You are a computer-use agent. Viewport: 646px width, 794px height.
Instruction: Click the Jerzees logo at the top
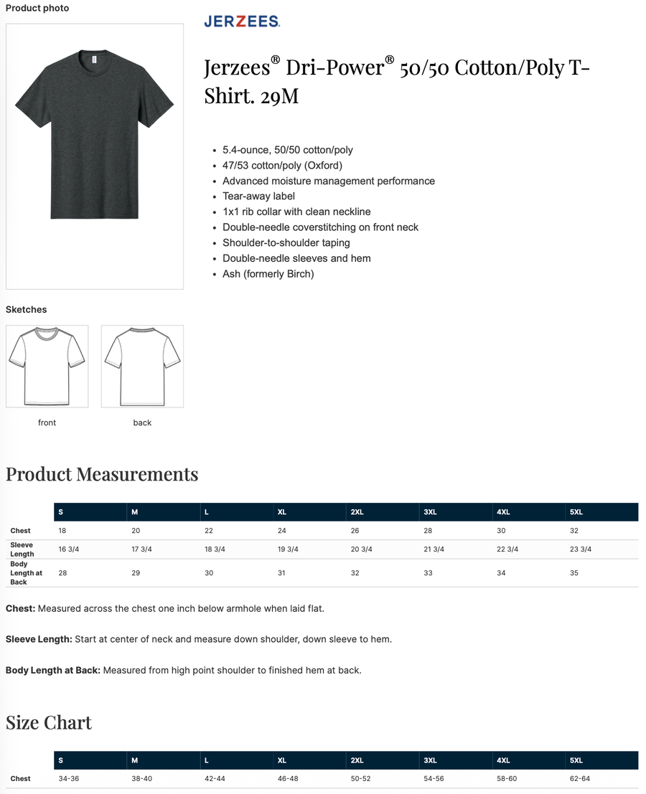[242, 22]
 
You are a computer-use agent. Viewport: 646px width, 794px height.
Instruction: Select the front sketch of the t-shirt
[47, 366]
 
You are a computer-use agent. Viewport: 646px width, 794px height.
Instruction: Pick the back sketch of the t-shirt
[142, 366]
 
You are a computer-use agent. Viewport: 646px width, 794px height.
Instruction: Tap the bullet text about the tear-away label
[258, 196]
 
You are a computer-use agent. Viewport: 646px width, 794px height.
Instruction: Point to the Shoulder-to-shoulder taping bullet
[286, 242]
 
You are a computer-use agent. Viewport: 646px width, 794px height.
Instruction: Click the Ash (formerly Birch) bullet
[268, 274]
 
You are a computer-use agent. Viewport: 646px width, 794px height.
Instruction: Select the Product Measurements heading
[102, 474]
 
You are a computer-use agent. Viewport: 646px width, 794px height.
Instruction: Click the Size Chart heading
[49, 722]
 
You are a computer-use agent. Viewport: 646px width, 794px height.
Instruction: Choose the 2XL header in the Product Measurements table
[357, 512]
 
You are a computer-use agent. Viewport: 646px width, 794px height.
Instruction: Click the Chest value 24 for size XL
[282, 531]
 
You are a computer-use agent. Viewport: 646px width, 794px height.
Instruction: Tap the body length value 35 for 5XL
[574, 573]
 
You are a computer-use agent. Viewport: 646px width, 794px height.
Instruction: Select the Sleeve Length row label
[22, 549]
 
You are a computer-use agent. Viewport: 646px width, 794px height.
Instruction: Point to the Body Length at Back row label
[27, 573]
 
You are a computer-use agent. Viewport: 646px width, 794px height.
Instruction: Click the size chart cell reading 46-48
[288, 778]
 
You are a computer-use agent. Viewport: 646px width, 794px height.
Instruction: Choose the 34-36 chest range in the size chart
[69, 778]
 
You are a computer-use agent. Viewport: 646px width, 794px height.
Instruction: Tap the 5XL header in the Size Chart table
[576, 760]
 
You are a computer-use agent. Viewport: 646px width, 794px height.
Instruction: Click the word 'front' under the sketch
[47, 422]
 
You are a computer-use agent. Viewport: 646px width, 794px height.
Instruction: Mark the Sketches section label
[27, 310]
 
